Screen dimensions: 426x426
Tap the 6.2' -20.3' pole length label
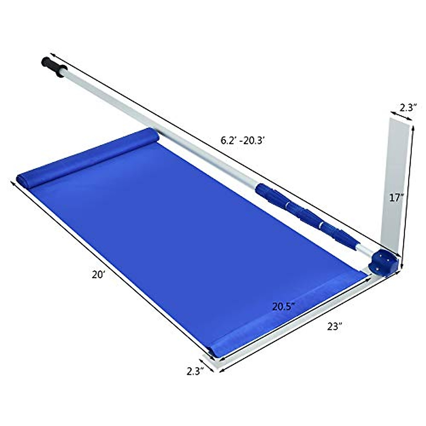click(x=243, y=141)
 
